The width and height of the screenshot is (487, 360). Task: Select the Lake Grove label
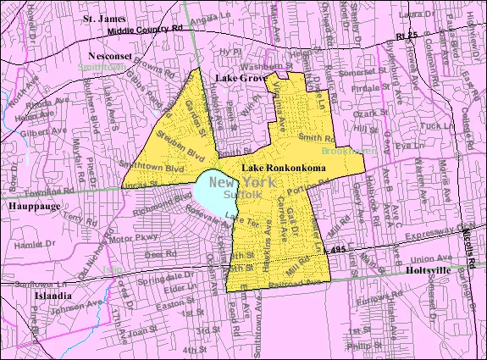(237, 77)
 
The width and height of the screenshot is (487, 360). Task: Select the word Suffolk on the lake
(242, 195)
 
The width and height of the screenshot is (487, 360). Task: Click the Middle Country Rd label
(136, 30)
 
